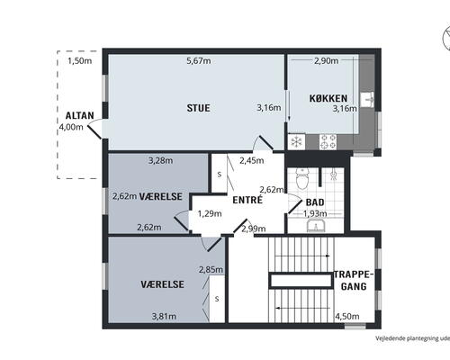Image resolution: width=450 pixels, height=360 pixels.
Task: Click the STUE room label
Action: [x=198, y=108]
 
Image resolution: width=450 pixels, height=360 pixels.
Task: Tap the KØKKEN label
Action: [x=328, y=98]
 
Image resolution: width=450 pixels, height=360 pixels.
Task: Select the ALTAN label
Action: [x=80, y=115]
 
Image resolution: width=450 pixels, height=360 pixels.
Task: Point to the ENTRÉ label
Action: [x=247, y=200]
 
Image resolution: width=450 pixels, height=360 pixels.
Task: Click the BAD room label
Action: [x=315, y=202]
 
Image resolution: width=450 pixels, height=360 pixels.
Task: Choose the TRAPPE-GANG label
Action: [x=354, y=281]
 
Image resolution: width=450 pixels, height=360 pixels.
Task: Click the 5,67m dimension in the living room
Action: [x=199, y=61]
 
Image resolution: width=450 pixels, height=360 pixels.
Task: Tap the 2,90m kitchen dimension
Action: [x=327, y=61]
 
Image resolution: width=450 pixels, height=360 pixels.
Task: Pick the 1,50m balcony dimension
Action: [x=80, y=61]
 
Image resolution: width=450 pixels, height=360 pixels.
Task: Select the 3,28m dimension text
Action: [x=161, y=161]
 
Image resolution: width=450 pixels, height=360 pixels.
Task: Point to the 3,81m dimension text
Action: [x=164, y=316]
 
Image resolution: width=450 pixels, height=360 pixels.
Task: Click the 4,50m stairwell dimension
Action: [x=347, y=316]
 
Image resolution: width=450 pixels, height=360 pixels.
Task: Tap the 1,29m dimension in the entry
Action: [x=210, y=213]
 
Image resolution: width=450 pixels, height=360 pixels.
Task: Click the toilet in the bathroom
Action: [x=302, y=178]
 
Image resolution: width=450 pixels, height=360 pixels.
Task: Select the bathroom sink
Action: [x=316, y=225]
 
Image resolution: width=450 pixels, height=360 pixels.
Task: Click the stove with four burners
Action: [x=328, y=141]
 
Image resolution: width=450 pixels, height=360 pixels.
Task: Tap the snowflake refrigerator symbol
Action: [x=296, y=141]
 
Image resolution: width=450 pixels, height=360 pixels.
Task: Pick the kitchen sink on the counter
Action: [x=367, y=100]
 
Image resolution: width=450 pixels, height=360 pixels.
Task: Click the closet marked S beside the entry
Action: [x=220, y=174]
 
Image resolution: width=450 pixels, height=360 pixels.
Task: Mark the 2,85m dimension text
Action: [x=211, y=270]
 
